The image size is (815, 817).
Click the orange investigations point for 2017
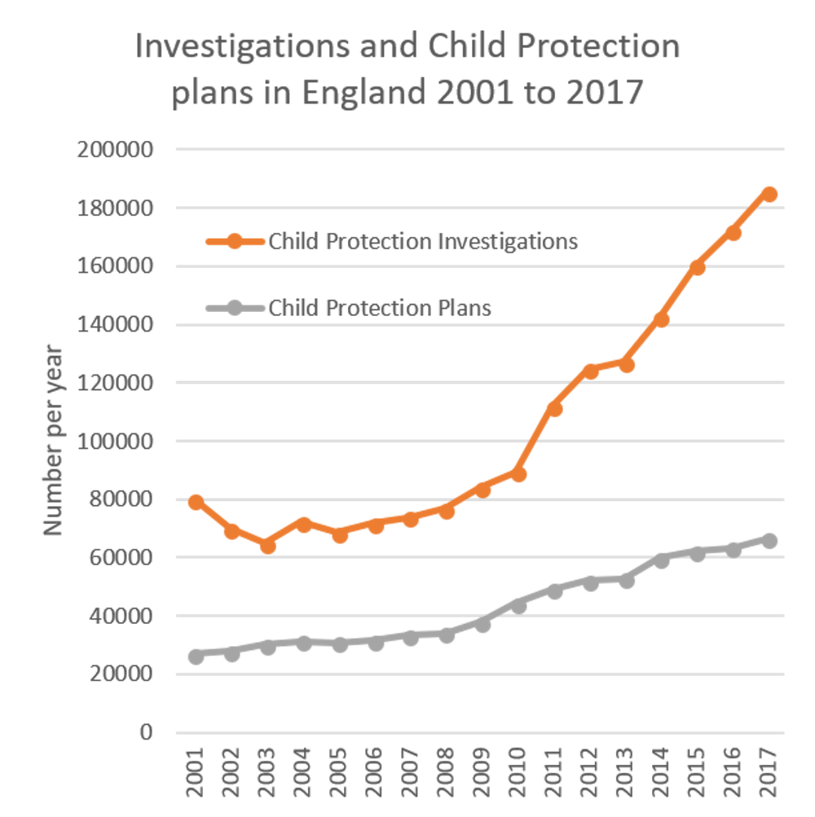pos(769,194)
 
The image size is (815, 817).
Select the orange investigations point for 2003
pos(267,546)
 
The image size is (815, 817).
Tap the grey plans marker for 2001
pos(196,657)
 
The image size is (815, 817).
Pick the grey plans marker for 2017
pos(769,541)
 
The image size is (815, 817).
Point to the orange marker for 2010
pos(518,474)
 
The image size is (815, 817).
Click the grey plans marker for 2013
pos(626,581)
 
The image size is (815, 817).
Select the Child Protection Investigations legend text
pos(423,242)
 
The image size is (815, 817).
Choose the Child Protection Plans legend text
pos(380,308)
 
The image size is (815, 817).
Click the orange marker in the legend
pos(235,242)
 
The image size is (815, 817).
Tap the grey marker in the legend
pos(235,308)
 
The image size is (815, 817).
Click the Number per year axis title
pos(53,440)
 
